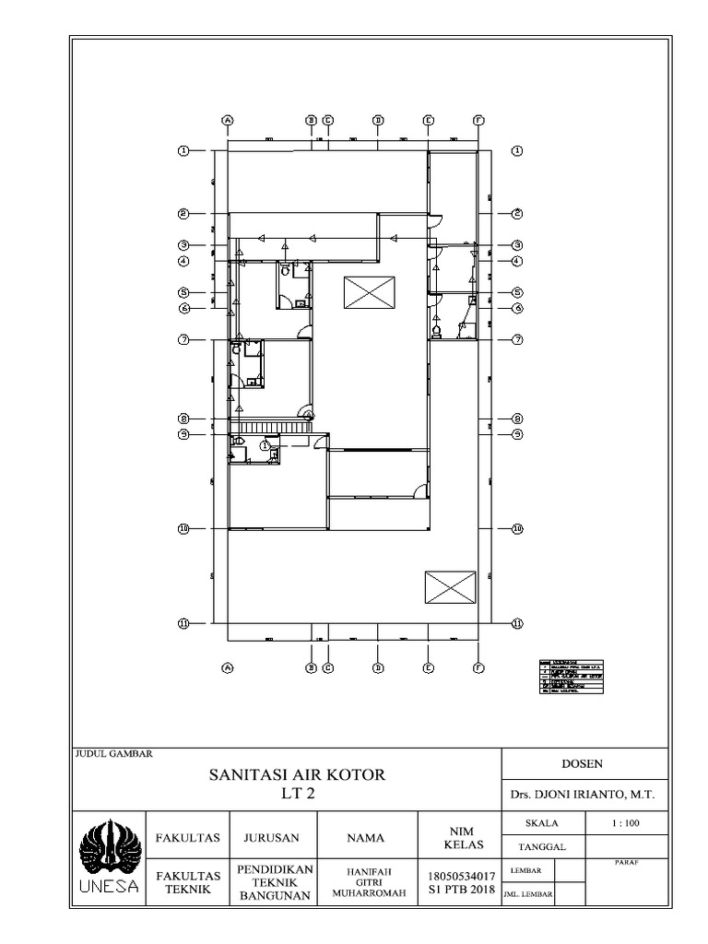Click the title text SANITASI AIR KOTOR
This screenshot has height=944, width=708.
(x=297, y=774)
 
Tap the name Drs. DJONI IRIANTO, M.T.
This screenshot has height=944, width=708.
(x=583, y=794)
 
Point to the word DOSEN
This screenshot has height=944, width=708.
(x=583, y=763)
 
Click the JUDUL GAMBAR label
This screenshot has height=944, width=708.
(x=113, y=753)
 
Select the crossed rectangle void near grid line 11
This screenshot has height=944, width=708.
(x=450, y=586)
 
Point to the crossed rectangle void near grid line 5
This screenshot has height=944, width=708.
(x=370, y=292)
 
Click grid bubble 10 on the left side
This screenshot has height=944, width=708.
(x=183, y=529)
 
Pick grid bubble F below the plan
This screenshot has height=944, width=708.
(x=478, y=669)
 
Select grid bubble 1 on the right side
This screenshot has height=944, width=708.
(x=517, y=150)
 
